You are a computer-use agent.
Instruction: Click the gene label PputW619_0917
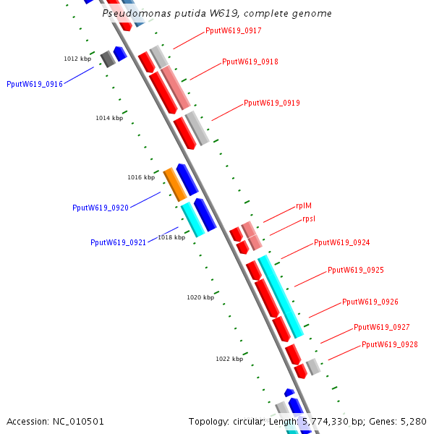[x=233, y=31]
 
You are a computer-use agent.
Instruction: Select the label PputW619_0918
[x=250, y=62]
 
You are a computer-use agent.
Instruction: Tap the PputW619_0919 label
[x=271, y=103]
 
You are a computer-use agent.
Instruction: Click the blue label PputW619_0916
[x=35, y=85]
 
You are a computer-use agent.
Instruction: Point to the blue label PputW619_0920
[x=101, y=208]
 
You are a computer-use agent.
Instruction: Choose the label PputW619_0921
[x=119, y=243]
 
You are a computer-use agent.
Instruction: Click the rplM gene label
[x=304, y=206]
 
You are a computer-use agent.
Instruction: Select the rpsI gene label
[x=309, y=219]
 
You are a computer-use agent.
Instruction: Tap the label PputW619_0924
[x=341, y=243]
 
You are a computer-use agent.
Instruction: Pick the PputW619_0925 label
[x=355, y=271]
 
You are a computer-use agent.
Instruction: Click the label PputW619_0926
[x=370, y=302]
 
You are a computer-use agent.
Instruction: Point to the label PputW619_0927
[x=381, y=328]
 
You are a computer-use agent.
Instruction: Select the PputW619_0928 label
[x=389, y=345]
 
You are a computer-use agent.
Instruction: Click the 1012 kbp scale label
[x=77, y=59]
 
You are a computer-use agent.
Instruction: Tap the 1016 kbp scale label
[x=141, y=177]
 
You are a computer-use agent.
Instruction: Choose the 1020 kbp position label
[x=200, y=297]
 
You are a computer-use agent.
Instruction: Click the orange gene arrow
[x=175, y=184]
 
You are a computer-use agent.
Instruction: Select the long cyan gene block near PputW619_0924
[x=281, y=297]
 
